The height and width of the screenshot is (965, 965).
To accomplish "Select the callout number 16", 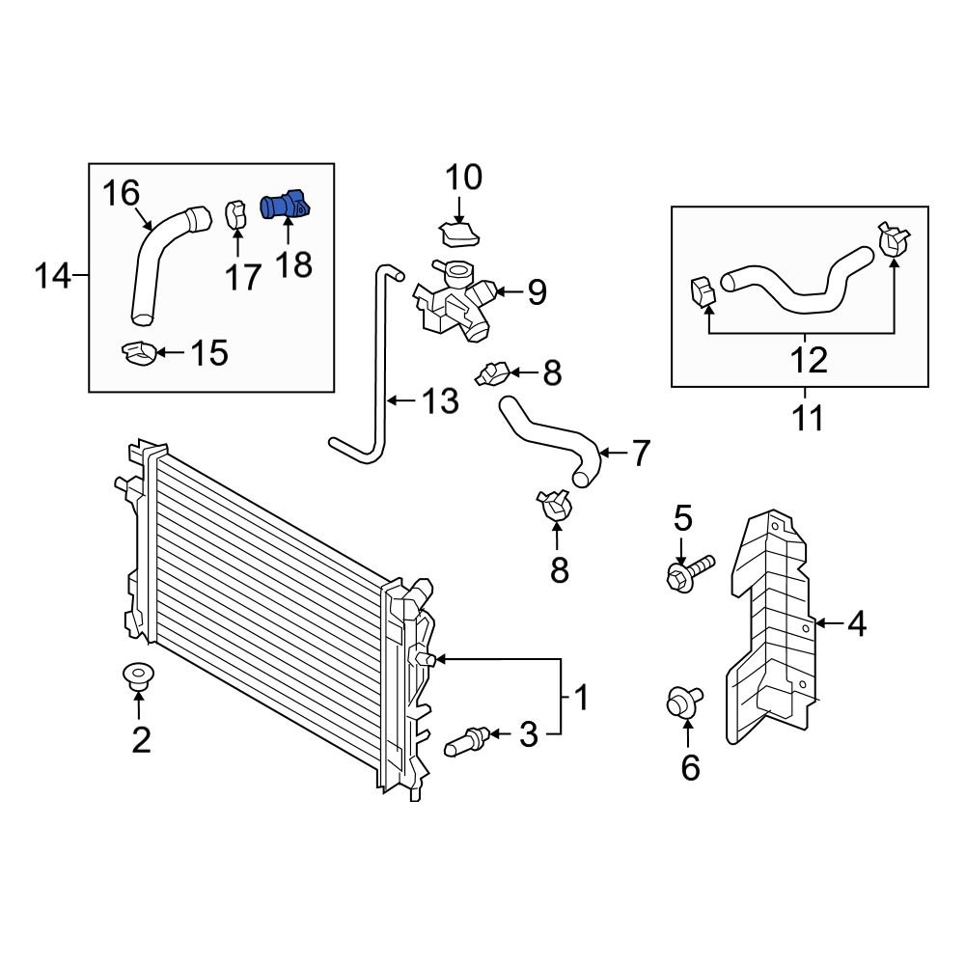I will pyautogui.click(x=122, y=194).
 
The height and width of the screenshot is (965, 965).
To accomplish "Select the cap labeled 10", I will pyautogui.click(x=458, y=234).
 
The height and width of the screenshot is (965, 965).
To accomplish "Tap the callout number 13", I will pyautogui.click(x=440, y=400).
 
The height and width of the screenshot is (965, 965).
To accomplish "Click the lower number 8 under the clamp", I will pyautogui.click(x=560, y=569).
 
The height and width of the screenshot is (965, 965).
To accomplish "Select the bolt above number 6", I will pyautogui.click(x=684, y=701).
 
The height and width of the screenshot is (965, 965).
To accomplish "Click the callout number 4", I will pyautogui.click(x=857, y=625).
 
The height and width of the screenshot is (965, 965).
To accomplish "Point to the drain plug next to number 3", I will pyautogui.click(x=468, y=743).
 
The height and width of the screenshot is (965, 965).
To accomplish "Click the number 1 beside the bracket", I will pyautogui.click(x=582, y=695).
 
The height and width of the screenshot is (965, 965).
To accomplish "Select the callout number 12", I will pyautogui.click(x=809, y=360).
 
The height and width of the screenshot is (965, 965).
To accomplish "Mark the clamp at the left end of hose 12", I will pyautogui.click(x=703, y=290).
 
